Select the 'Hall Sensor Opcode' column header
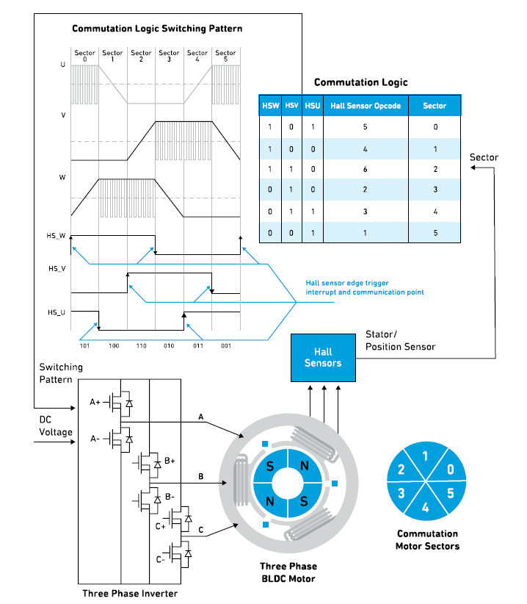[366, 106]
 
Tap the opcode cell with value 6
[366, 168]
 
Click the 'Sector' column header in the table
[435, 106]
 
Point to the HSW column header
[270, 106]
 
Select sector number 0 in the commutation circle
[451, 469]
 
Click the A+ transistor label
[95, 402]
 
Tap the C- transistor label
[160, 559]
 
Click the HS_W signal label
[57, 236]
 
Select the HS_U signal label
[57, 312]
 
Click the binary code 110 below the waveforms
[141, 344]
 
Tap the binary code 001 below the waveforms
[225, 344]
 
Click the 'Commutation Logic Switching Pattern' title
[157, 29]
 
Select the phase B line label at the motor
[201, 476]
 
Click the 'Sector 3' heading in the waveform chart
[169, 56]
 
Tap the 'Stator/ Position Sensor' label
[400, 341]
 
